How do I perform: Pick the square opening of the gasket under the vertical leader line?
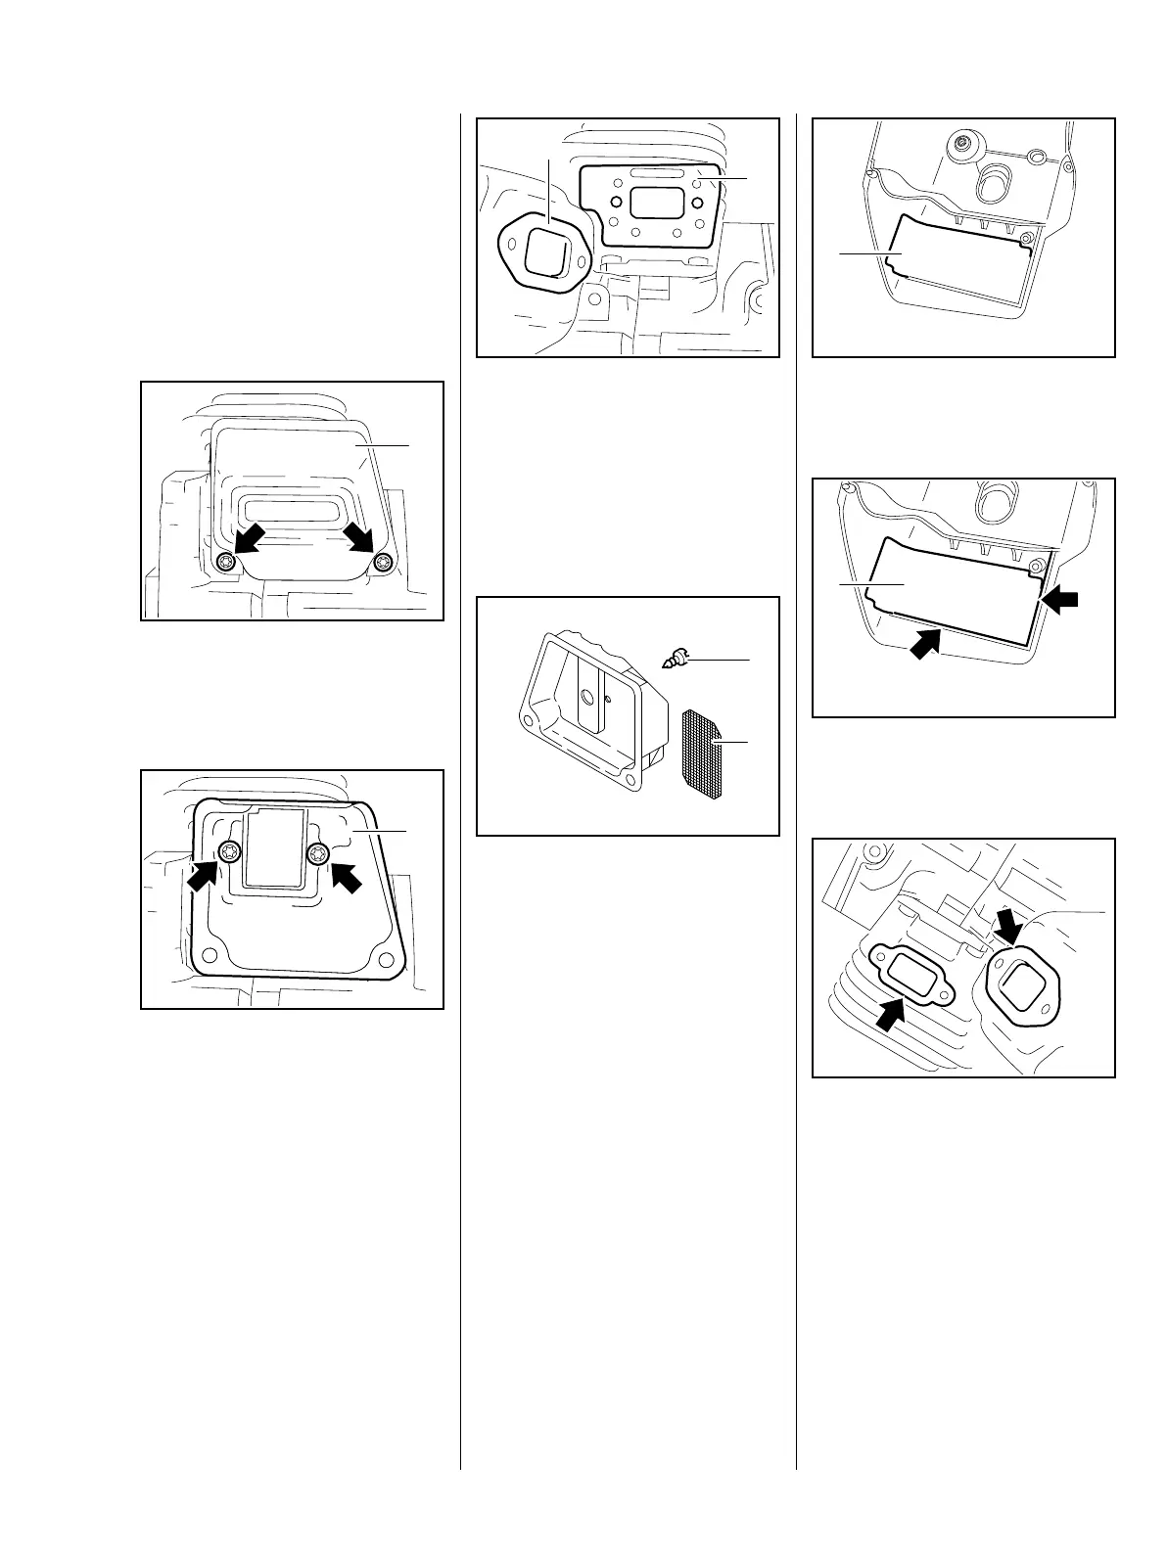(x=545, y=253)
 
